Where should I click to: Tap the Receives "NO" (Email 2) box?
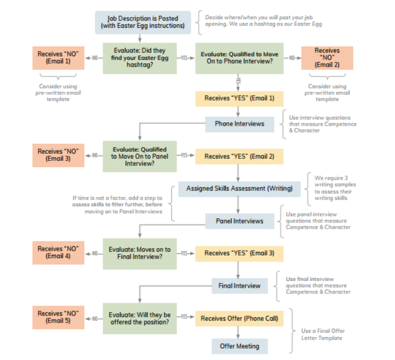click(x=327, y=57)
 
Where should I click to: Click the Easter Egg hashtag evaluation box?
click(x=139, y=58)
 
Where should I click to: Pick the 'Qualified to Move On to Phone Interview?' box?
click(x=239, y=58)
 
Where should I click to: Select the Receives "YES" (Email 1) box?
click(x=239, y=98)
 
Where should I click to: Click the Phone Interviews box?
click(x=239, y=123)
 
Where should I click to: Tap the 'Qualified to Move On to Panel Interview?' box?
click(x=139, y=156)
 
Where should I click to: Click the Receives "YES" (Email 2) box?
click(x=239, y=156)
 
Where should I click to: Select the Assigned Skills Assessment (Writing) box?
click(x=239, y=188)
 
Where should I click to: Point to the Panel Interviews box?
click(x=239, y=221)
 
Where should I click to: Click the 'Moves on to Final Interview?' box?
click(x=139, y=253)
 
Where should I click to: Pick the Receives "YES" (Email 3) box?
click(x=239, y=253)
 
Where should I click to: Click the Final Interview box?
click(x=239, y=285)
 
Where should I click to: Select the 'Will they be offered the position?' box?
click(x=139, y=318)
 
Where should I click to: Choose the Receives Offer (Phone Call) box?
click(x=239, y=318)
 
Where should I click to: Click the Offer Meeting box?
click(x=239, y=346)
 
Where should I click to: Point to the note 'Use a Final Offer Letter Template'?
click(x=323, y=334)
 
